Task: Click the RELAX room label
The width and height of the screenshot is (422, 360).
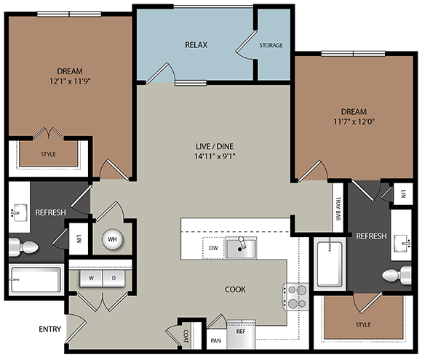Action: (x=196, y=45)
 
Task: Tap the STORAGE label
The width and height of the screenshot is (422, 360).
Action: (x=271, y=45)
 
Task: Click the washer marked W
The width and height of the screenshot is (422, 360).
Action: (x=92, y=278)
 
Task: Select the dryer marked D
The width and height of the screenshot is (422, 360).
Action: (x=113, y=278)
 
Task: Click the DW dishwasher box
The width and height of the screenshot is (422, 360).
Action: (x=212, y=249)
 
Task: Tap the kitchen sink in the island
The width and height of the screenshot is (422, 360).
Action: (x=241, y=249)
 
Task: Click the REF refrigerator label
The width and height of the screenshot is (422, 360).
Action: (x=241, y=331)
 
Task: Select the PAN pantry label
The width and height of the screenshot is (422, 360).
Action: (x=215, y=339)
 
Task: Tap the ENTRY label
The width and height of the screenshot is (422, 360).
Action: (x=49, y=329)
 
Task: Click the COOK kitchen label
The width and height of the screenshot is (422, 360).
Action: (x=235, y=289)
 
